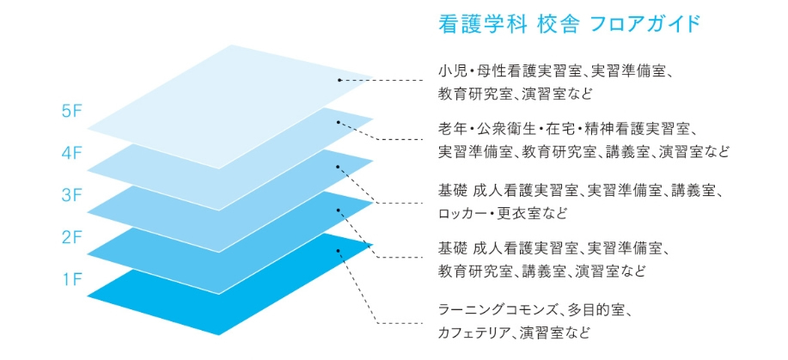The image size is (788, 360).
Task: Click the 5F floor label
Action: point(71,112)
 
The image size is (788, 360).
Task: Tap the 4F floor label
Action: point(71,153)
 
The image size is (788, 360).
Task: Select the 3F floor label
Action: point(71,195)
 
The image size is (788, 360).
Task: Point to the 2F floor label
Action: point(71,237)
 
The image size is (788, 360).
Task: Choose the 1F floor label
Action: point(72,279)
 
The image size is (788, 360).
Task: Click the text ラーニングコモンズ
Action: point(498,311)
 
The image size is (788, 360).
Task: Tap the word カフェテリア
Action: point(476,333)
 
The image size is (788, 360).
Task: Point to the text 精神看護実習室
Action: point(620,129)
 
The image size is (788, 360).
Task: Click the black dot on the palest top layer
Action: point(339,79)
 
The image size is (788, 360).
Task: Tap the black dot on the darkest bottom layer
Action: point(339,250)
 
